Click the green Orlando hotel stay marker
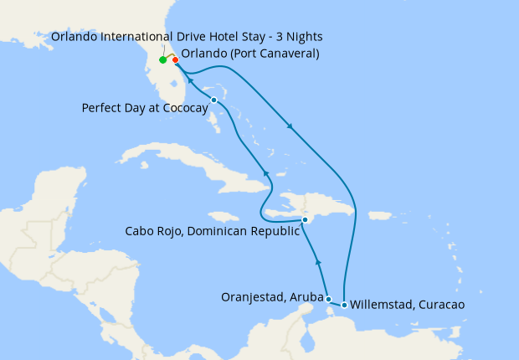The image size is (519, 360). [162, 60]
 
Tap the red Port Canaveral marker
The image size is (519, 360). [175, 59]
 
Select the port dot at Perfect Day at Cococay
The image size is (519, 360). [214, 100]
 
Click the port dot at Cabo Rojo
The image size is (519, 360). [306, 220]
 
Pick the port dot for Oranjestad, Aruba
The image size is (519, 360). [328, 299]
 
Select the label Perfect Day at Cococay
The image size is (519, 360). [145, 108]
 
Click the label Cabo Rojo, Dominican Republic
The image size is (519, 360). [212, 231]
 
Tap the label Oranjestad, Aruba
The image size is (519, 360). [272, 296]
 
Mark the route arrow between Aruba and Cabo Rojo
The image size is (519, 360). [318, 263]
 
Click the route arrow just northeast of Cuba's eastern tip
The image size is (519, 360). [266, 172]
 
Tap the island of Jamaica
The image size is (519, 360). [219, 216]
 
